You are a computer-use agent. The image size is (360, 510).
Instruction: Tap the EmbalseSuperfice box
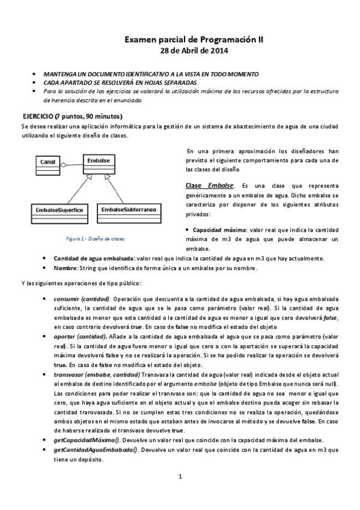pos(58,210)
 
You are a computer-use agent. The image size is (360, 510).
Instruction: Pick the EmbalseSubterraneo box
pos(129,210)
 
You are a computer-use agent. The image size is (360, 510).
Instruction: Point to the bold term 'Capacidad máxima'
pos(219,230)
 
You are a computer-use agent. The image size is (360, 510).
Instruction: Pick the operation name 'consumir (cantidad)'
pos(81,299)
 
